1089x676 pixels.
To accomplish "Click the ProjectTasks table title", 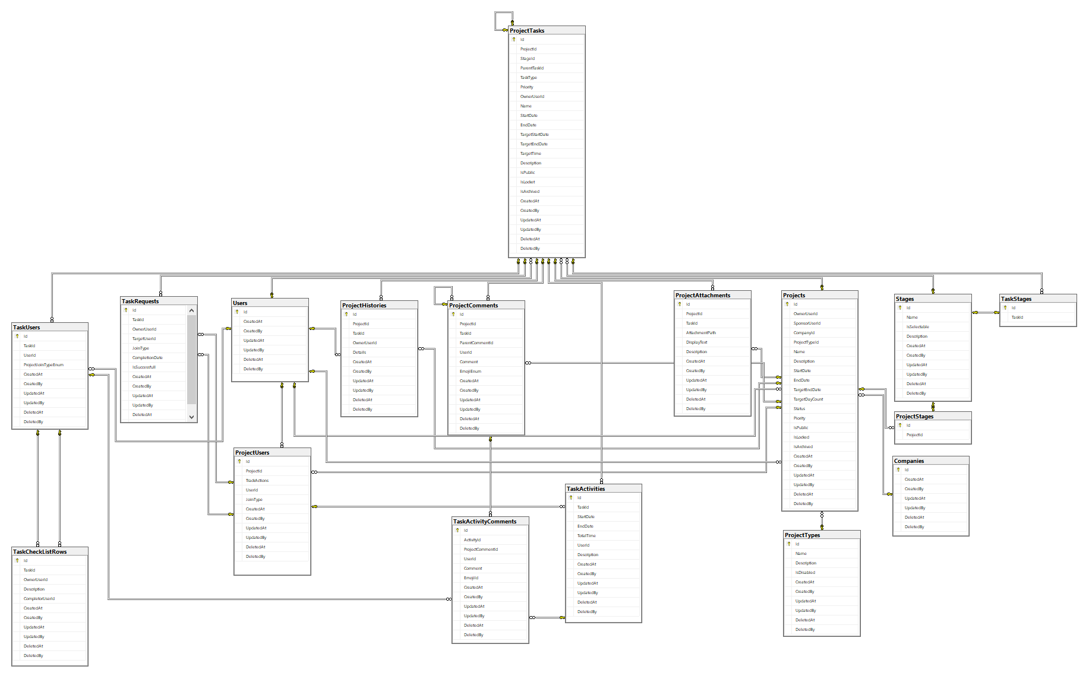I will coord(527,31).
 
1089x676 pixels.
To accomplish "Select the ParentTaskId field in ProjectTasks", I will coord(532,68).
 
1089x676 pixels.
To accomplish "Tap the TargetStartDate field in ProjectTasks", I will coord(534,135).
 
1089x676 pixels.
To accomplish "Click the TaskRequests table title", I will coord(140,301).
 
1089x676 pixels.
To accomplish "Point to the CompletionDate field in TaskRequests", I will coord(147,358).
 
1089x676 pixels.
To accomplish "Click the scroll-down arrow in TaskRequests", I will coord(191,417).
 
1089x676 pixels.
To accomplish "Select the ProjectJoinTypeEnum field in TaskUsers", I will coord(43,365).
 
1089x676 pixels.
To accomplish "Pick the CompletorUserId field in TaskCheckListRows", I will coord(39,599).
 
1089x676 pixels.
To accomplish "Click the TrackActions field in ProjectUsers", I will coord(257,481).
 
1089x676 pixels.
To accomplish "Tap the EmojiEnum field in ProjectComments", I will coord(471,372).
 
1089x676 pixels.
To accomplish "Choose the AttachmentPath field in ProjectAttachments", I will coord(701,333).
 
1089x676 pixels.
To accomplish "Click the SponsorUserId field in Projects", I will coord(807,323).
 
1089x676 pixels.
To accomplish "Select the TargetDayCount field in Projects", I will coord(808,399).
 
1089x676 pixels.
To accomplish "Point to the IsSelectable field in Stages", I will coord(917,327).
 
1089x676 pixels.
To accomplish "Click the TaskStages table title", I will coord(1016,299).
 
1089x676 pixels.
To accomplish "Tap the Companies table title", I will coord(909,461).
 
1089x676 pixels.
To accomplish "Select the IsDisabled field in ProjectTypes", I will coord(805,573).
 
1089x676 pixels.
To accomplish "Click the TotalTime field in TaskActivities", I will coord(586,536).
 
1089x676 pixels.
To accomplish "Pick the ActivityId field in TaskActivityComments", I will coord(472,540).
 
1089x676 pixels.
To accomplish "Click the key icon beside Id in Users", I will coord(237,312).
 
